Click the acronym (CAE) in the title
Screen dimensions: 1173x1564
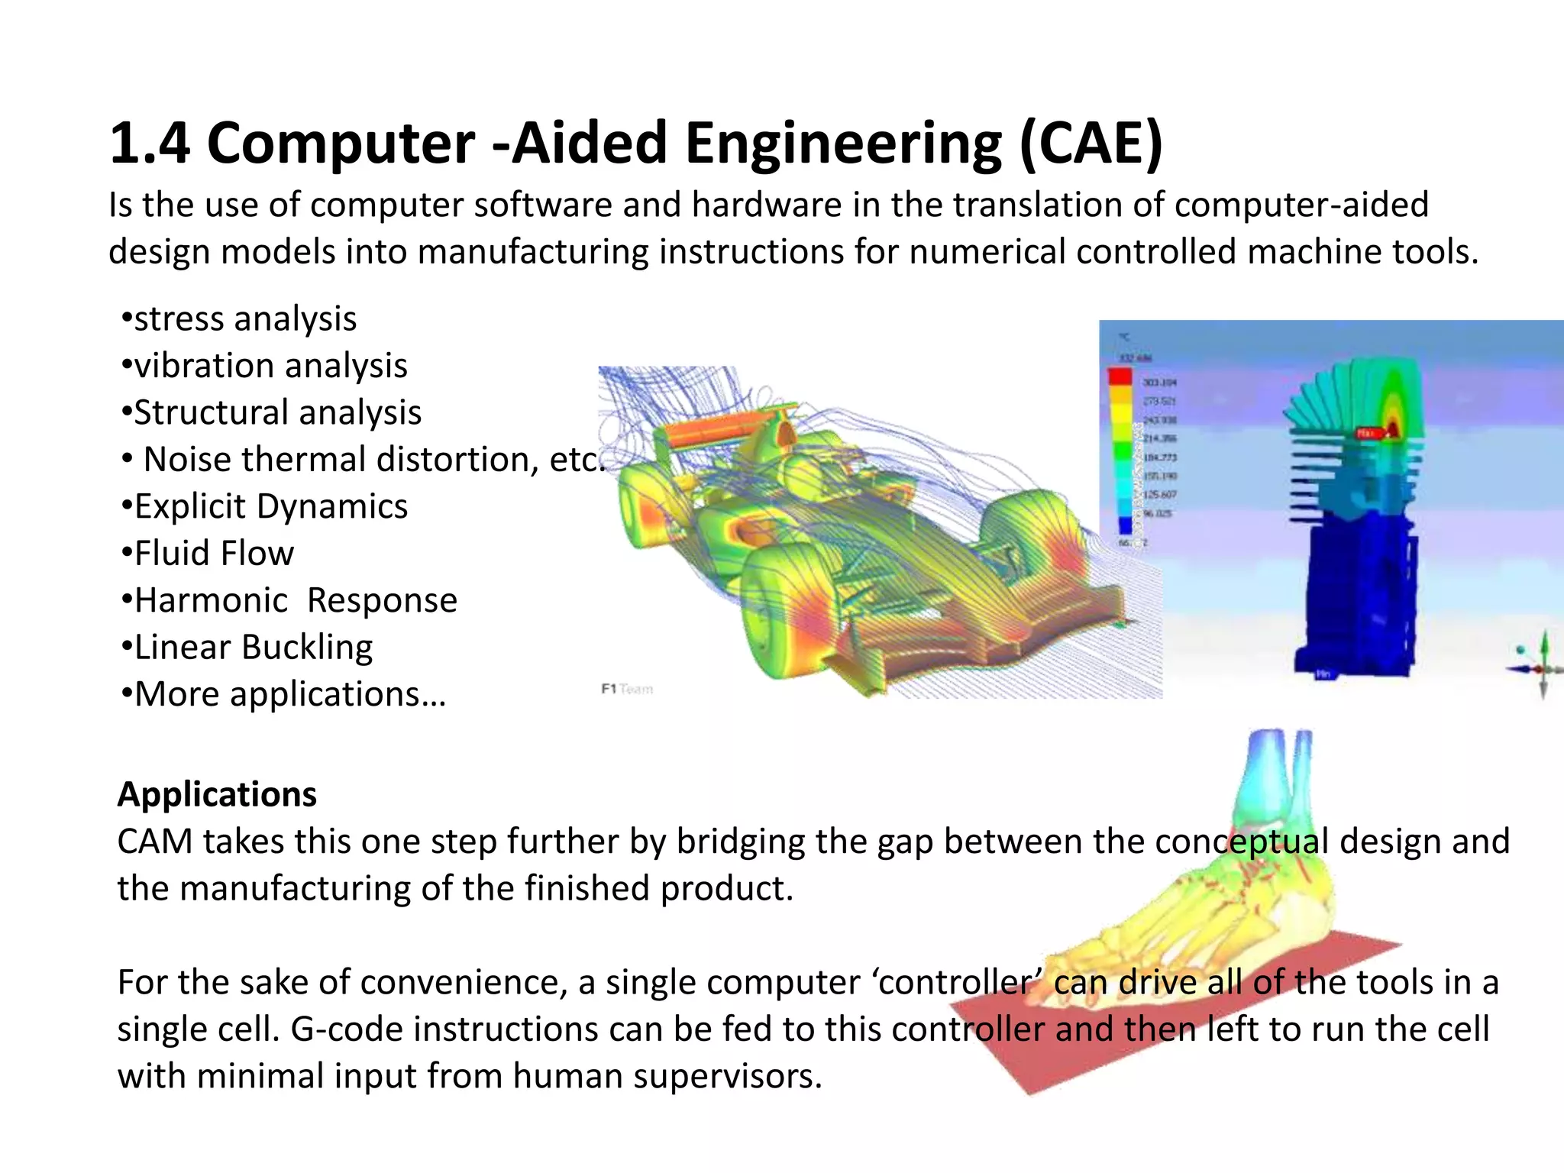1091,143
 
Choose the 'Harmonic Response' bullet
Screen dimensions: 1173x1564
289,600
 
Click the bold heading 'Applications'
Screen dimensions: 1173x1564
217,794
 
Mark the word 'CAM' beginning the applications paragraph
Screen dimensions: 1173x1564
154,842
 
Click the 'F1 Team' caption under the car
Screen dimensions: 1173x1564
627,689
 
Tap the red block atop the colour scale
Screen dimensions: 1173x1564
1120,376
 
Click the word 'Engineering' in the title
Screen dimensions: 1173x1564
843,143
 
